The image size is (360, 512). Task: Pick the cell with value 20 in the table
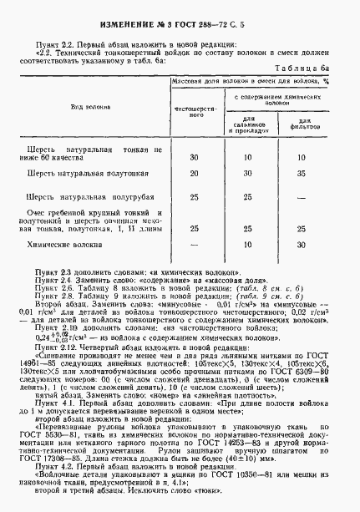[194, 173]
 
